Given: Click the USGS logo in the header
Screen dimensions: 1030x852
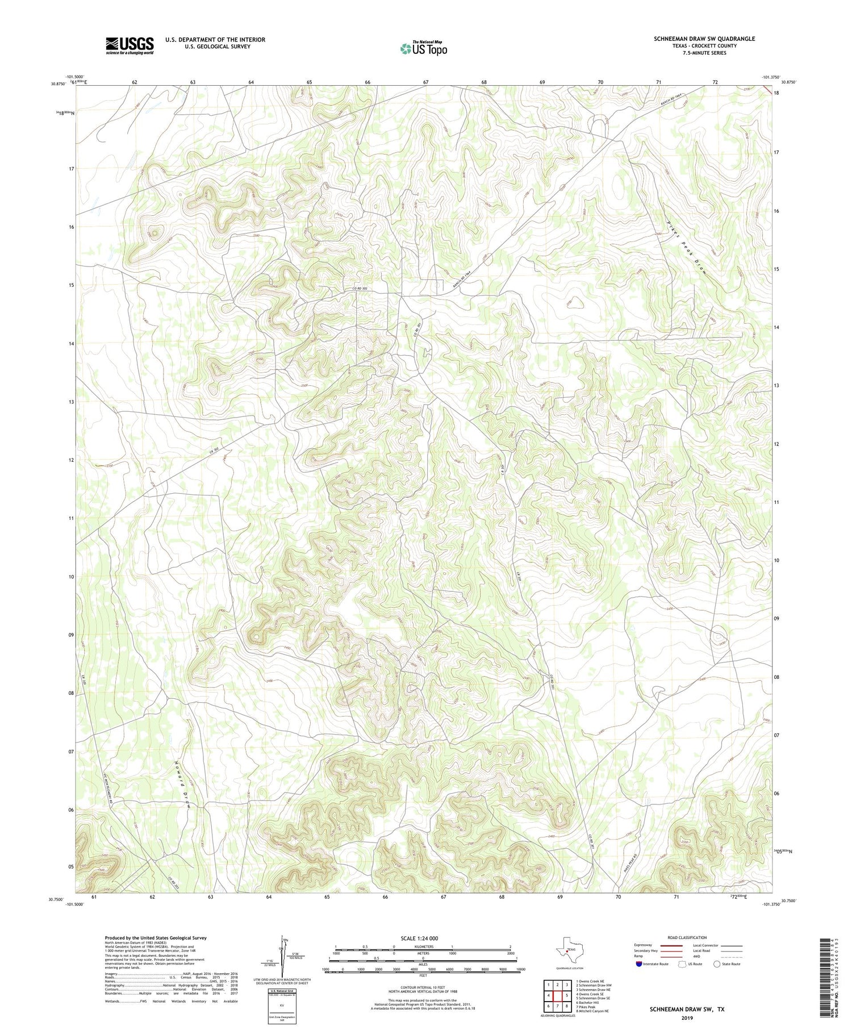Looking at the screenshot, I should click(x=130, y=46).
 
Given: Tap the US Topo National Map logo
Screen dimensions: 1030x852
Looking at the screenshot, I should click(x=423, y=48).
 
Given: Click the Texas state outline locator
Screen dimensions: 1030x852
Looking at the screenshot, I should click(x=568, y=948).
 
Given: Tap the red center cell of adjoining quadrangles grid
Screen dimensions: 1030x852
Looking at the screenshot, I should click(x=557, y=995).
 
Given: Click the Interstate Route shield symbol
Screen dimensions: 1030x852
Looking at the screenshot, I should click(x=639, y=964).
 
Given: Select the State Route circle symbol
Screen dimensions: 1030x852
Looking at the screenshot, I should click(x=717, y=964).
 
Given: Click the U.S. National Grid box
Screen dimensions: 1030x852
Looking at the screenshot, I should click(x=282, y=1005).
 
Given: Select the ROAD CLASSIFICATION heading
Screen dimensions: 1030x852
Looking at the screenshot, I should click(x=687, y=937).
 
